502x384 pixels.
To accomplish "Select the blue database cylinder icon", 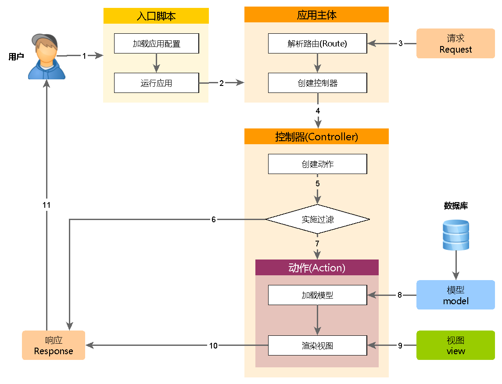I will coord(455,235).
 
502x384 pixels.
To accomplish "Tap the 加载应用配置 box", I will coord(157,44).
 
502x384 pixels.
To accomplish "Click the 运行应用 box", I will coord(157,83).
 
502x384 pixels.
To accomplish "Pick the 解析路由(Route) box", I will coord(317,43).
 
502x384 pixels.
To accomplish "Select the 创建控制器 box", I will coord(317,83).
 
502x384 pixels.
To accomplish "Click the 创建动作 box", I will coord(317,164).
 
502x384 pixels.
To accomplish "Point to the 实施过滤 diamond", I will coord(317,219).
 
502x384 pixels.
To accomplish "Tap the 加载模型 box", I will coord(317,295).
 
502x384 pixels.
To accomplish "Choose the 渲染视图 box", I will coord(317,345).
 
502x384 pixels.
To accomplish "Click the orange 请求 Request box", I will coord(455,43).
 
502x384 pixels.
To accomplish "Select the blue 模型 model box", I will coord(455,295).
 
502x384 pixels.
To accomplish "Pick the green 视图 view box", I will coord(455,345).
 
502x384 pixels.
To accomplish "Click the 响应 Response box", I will coord(54,345).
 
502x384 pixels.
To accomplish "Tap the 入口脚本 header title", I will coord(156,16).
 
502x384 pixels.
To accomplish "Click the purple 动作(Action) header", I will coord(317,267).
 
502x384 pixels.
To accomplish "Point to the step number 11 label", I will coord(47,205).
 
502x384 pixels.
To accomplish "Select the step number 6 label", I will coord(214,219).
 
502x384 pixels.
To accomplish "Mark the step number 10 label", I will coord(213,345).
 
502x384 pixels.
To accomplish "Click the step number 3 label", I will coord(400,43).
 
